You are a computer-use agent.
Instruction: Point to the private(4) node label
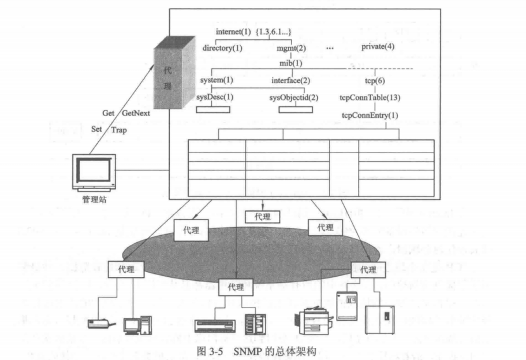378,46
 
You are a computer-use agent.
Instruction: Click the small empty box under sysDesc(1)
213,108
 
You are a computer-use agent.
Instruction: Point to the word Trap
120,130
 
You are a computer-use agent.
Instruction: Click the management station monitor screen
94,170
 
